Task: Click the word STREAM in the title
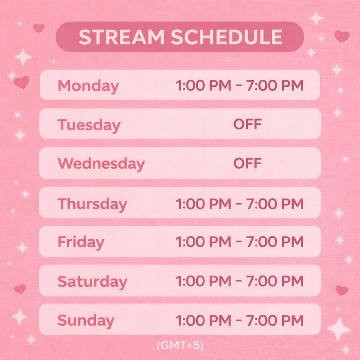(x=121, y=37)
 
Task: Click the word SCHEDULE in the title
(x=227, y=37)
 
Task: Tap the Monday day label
(x=89, y=86)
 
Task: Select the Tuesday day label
(x=89, y=126)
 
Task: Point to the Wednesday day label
(x=101, y=164)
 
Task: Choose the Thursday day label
(x=92, y=204)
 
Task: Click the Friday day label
(x=81, y=242)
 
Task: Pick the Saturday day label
(x=92, y=281)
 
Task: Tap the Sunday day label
(x=86, y=320)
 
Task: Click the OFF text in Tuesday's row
(x=247, y=124)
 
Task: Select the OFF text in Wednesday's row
(x=247, y=163)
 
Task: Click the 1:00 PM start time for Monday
(x=204, y=85)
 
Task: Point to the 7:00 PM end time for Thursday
(x=275, y=204)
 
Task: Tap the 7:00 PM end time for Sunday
(x=275, y=320)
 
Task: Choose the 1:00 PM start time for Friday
(x=204, y=242)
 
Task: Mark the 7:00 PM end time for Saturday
(x=275, y=281)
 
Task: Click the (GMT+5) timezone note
(x=180, y=345)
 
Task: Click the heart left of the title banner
(x=39, y=28)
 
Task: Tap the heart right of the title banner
(x=342, y=36)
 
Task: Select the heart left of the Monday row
(x=22, y=82)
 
